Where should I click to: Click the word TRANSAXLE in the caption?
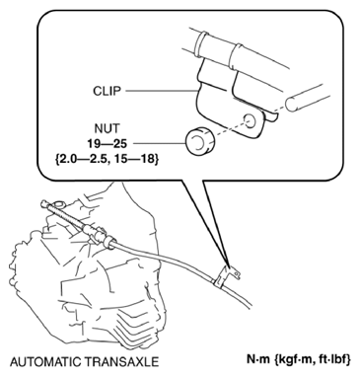[x=126, y=360]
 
